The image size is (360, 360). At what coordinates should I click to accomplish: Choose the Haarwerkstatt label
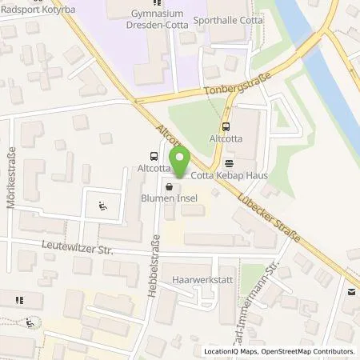(203, 281)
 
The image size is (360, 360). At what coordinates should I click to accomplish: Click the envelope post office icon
(350, 292)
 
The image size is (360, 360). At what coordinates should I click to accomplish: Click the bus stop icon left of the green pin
(153, 157)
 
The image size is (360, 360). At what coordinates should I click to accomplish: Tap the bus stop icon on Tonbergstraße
(226, 125)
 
